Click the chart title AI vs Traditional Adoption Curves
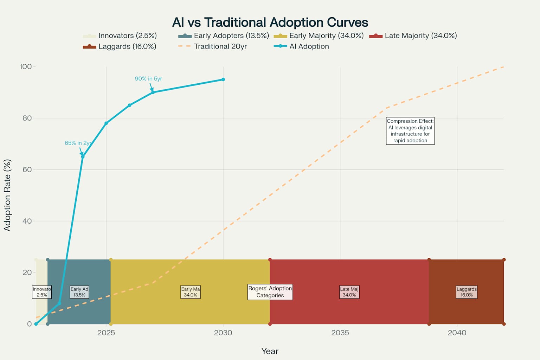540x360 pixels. click(x=270, y=22)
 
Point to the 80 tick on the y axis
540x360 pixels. click(x=27, y=118)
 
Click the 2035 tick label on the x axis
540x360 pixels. click(x=340, y=333)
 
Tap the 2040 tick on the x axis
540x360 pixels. click(x=457, y=333)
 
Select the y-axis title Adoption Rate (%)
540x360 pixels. click(x=7, y=195)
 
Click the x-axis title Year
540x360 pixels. click(x=270, y=351)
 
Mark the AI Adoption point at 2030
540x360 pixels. click(x=223, y=79)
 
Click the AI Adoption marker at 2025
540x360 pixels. click(x=106, y=123)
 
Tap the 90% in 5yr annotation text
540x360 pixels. click(x=148, y=79)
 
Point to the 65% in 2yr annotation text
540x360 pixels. click(x=78, y=143)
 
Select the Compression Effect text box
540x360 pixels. click(x=410, y=131)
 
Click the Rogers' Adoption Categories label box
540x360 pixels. click(x=270, y=292)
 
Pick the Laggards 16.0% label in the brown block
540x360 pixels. click(x=467, y=292)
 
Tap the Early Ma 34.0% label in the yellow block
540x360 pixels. click(x=191, y=292)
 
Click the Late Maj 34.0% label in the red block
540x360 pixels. click(x=349, y=292)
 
